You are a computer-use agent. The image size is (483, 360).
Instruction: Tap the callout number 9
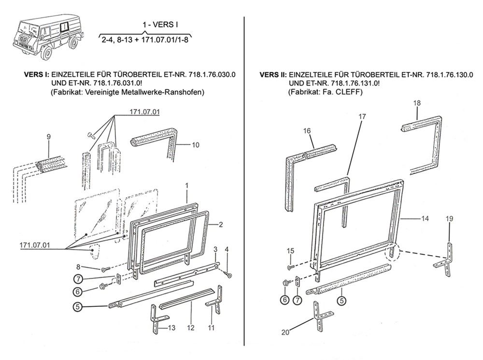[x=48, y=137]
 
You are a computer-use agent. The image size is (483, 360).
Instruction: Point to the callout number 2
[x=220, y=224]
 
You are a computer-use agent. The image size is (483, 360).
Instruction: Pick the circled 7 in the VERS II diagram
[x=298, y=300]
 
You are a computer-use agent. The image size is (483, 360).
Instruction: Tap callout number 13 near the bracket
[x=171, y=328]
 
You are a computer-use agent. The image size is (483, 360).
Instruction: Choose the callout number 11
[x=211, y=328]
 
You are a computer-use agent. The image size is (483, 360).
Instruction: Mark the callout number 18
[x=417, y=102]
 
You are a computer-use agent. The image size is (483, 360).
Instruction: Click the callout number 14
[x=425, y=219]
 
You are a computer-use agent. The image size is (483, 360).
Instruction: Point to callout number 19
[x=449, y=219]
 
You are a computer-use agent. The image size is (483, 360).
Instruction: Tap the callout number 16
[x=307, y=130]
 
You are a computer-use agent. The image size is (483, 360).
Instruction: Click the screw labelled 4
[x=229, y=275]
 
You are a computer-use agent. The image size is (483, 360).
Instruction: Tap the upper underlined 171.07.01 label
[x=145, y=112]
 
